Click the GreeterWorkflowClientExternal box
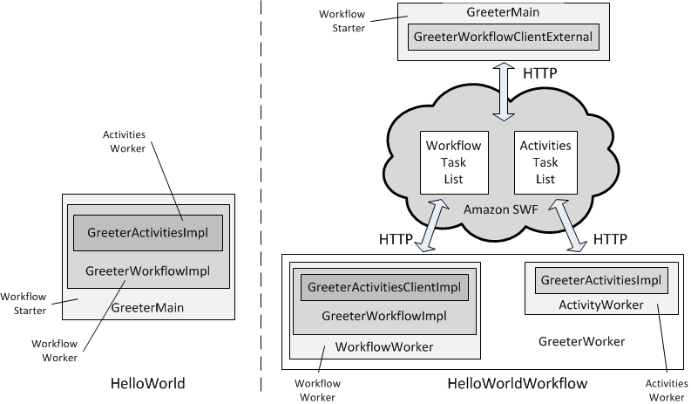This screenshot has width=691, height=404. tap(503, 37)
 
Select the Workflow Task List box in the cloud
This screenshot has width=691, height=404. tap(452, 162)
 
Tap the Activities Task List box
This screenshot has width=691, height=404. tap(545, 162)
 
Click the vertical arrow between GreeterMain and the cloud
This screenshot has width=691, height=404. tap(503, 91)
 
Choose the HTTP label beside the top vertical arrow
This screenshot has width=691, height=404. tap(540, 74)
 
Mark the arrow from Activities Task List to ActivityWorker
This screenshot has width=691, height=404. tap(578, 225)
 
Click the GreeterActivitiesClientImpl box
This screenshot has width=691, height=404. tap(384, 288)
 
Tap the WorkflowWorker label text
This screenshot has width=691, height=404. tap(384, 347)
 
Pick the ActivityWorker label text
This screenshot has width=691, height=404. tap(600, 305)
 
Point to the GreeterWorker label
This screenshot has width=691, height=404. tap(581, 341)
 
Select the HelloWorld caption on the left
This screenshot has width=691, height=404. tap(148, 383)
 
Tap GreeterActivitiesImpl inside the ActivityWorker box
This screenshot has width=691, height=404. tap(600, 280)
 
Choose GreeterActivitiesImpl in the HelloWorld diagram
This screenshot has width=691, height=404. tap(148, 233)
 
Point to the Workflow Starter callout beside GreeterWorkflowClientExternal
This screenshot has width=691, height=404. tap(347, 22)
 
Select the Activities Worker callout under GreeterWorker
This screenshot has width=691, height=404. tap(665, 390)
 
